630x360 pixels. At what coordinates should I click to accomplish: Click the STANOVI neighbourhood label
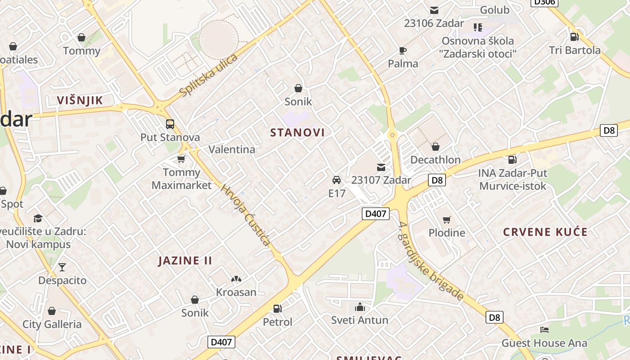pyautogui.click(x=297, y=132)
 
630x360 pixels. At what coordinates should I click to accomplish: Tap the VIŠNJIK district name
pyautogui.click(x=80, y=100)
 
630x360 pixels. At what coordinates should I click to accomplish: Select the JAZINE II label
pyautogui.click(x=185, y=261)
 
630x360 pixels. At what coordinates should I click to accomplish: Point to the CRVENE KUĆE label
pyautogui.click(x=545, y=232)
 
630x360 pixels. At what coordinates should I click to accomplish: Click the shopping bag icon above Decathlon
pyautogui.click(x=435, y=147)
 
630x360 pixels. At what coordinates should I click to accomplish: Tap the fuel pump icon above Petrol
pyautogui.click(x=278, y=309)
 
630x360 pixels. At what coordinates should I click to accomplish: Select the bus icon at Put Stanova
pyautogui.click(x=170, y=124)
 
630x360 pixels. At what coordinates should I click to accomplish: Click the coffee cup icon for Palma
pyautogui.click(x=403, y=50)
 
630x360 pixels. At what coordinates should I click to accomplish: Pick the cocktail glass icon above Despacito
pyautogui.click(x=62, y=267)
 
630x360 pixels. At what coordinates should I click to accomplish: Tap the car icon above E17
pyautogui.click(x=336, y=180)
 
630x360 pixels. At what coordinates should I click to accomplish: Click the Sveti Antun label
pyautogui.click(x=360, y=320)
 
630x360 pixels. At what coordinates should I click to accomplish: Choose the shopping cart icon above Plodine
pyautogui.click(x=446, y=220)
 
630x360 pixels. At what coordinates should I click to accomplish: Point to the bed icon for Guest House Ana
pyautogui.click(x=544, y=330)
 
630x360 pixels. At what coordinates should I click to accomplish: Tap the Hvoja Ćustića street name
pyautogui.click(x=246, y=216)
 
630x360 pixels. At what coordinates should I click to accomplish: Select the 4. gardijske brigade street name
pyautogui.click(x=431, y=261)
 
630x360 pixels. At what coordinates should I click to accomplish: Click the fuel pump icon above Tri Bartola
pyautogui.click(x=574, y=37)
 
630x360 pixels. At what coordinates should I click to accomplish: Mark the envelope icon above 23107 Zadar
pyautogui.click(x=381, y=167)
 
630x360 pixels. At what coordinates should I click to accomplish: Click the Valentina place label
pyautogui.click(x=232, y=149)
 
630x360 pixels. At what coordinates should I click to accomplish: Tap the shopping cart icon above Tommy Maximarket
pyautogui.click(x=181, y=159)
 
